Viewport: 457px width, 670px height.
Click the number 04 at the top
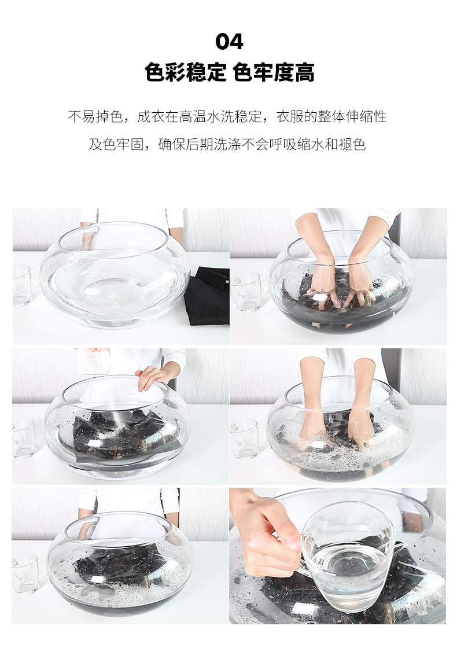(x=229, y=42)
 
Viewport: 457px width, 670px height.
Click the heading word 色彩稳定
(x=186, y=72)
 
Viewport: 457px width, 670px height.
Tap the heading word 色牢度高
(x=274, y=72)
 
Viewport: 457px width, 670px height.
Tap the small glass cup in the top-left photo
(x=21, y=285)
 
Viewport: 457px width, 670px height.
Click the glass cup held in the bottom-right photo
(x=346, y=553)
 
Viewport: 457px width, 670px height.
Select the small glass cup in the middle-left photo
(x=24, y=437)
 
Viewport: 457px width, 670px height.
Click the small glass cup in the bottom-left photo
(x=25, y=573)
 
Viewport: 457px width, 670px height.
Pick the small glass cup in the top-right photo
(x=246, y=291)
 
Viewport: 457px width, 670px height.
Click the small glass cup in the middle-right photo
(x=244, y=437)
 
